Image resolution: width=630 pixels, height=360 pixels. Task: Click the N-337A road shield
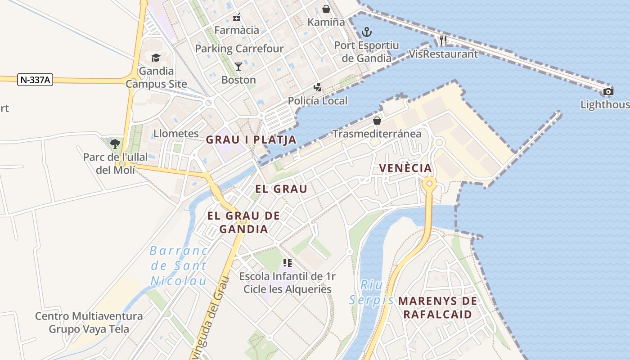tap(36, 80)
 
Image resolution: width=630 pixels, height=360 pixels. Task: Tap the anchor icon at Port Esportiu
tap(367, 32)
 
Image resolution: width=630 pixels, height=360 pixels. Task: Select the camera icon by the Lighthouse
tap(608, 92)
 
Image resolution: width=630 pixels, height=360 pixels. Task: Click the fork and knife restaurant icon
tap(443, 40)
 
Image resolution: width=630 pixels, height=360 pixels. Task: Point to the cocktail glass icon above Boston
tap(238, 67)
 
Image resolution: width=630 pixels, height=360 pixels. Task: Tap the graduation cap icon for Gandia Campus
tap(156, 58)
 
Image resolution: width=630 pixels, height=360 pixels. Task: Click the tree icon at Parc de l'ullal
tap(115, 144)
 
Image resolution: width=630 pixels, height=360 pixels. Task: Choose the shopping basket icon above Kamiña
tap(326, 9)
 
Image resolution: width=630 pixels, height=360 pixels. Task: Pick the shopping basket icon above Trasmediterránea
tap(377, 121)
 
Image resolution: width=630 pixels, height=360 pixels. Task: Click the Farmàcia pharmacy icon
tap(237, 17)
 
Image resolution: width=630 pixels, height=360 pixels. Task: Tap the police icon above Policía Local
tap(318, 87)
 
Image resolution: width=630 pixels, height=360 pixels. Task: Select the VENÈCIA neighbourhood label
tap(405, 168)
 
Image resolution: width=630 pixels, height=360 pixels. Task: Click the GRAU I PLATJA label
tap(251, 139)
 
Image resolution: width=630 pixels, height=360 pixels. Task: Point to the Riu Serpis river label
tap(372, 292)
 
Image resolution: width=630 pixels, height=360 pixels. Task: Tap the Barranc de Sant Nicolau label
tap(179, 265)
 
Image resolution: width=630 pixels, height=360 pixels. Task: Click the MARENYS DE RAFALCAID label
tap(437, 307)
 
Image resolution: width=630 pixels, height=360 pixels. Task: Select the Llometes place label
tap(176, 133)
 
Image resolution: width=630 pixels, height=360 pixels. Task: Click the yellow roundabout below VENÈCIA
tap(429, 184)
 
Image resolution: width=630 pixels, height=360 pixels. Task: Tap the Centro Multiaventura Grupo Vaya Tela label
tap(89, 322)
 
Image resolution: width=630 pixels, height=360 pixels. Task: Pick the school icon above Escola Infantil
tap(288, 262)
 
